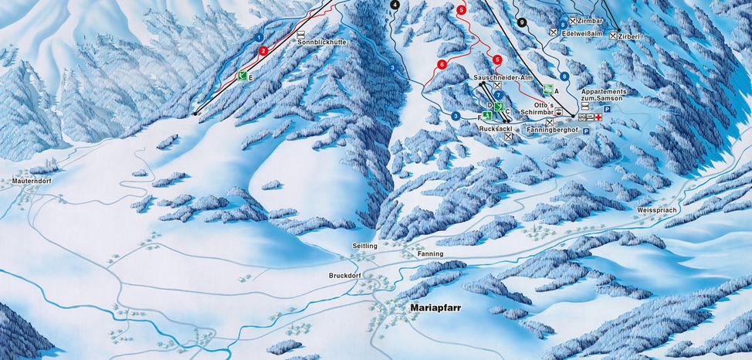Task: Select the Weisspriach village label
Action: coord(656,210)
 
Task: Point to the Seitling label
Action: coord(364,246)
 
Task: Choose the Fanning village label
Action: coord(431,253)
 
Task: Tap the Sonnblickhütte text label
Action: coord(320,42)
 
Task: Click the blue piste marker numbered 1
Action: coord(259,36)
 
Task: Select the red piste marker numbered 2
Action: coord(264,51)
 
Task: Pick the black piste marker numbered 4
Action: coord(395,5)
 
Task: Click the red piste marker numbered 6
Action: coord(442,65)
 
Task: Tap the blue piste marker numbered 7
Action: coord(499,95)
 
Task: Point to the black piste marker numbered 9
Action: coord(523,23)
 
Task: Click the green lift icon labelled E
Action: coord(242,76)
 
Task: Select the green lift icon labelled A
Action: coord(547,90)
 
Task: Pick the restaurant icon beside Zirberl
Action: coord(614,36)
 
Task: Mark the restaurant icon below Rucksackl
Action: coord(508,137)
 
